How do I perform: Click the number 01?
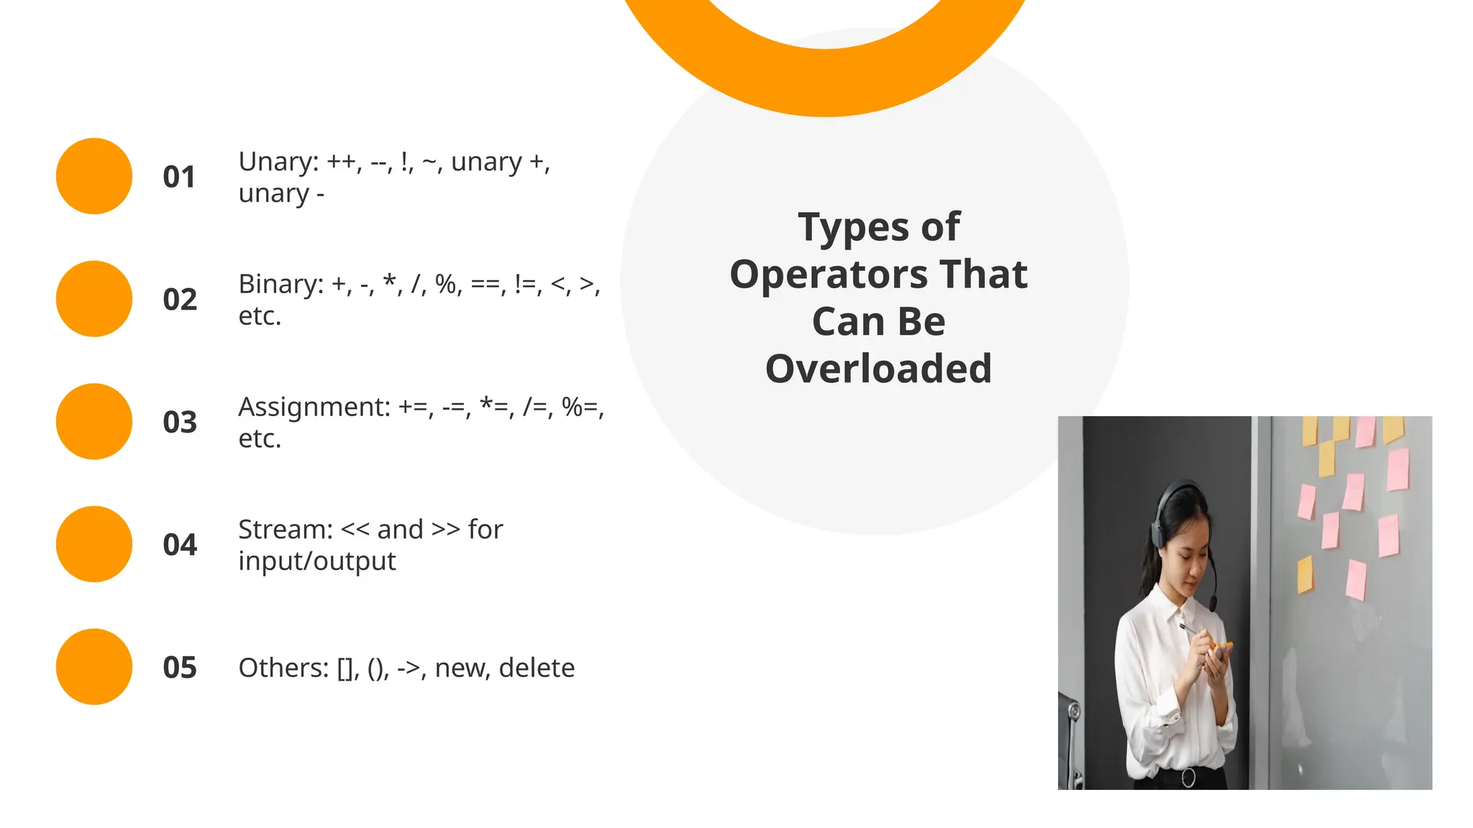click(x=179, y=177)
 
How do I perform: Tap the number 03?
click(x=180, y=422)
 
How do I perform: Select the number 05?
click(x=180, y=668)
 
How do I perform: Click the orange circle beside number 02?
click(x=94, y=299)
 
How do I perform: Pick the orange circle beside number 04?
click(x=94, y=544)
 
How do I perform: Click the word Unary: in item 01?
click(x=278, y=162)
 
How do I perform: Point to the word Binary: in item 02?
click(x=281, y=285)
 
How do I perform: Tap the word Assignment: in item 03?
click(x=314, y=408)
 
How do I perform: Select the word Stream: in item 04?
click(x=286, y=530)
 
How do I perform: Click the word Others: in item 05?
click(x=283, y=668)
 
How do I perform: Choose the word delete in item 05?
click(x=537, y=668)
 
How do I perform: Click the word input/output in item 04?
click(x=316, y=561)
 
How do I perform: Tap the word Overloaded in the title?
click(x=878, y=369)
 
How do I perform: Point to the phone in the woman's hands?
click(x=1221, y=650)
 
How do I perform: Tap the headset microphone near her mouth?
click(x=1213, y=602)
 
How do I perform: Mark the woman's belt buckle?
click(x=1188, y=777)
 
